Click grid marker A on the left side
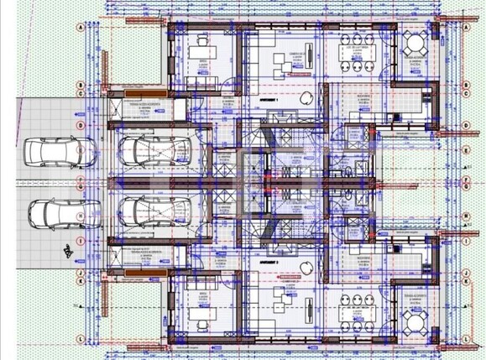click(x=80, y=27)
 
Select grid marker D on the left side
click(x=80, y=124)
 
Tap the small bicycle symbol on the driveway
click(x=65, y=248)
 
